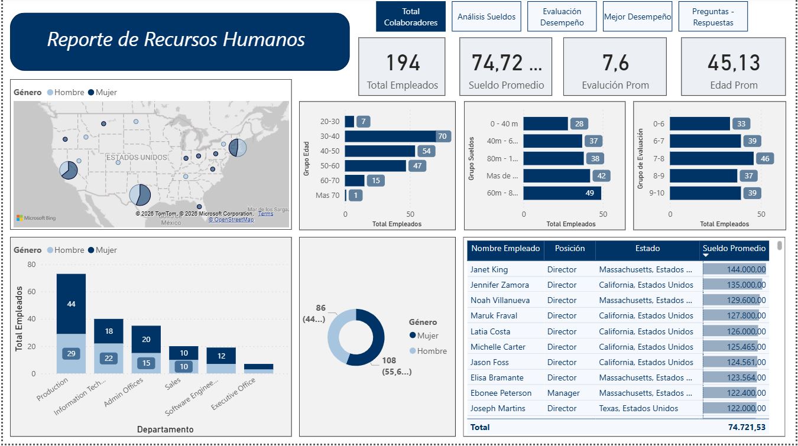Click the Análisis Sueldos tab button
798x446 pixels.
(x=486, y=17)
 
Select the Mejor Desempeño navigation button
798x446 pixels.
(x=637, y=17)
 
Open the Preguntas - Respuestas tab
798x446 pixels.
(x=712, y=17)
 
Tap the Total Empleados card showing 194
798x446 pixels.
(x=402, y=66)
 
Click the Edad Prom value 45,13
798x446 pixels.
(x=734, y=63)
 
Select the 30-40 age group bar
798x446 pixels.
(x=390, y=136)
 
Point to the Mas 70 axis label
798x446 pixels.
(x=327, y=196)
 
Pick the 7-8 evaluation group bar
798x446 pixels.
(x=712, y=158)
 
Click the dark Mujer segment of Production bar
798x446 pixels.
(x=71, y=304)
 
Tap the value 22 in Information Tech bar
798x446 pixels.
(x=109, y=358)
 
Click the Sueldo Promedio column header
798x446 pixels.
(x=734, y=249)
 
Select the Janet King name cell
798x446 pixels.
(x=489, y=269)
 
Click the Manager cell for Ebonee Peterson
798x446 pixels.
(x=563, y=393)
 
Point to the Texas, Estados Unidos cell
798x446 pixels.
(x=638, y=408)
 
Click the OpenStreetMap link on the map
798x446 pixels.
(x=231, y=220)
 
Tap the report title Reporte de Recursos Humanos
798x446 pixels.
(x=176, y=40)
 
